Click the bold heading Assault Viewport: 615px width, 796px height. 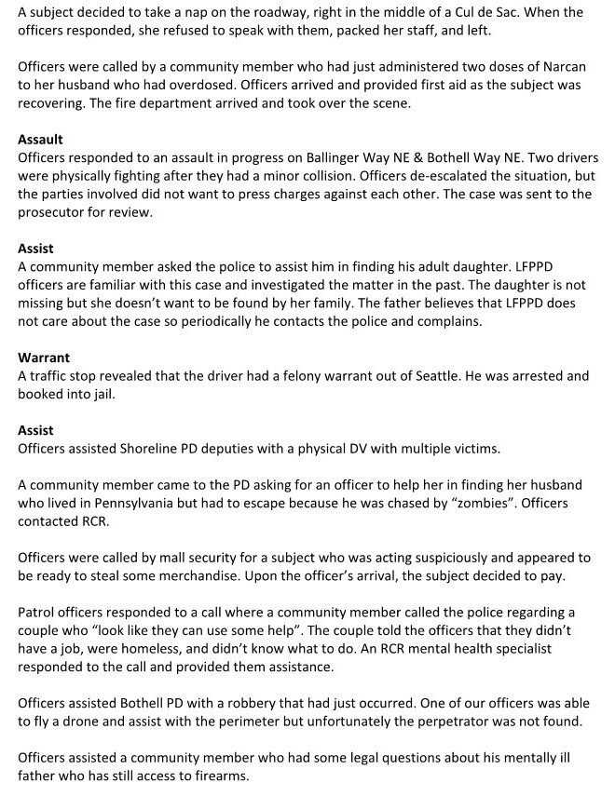click(x=40, y=140)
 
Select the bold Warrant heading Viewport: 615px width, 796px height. click(x=44, y=358)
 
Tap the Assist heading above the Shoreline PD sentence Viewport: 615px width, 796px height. click(x=35, y=430)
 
